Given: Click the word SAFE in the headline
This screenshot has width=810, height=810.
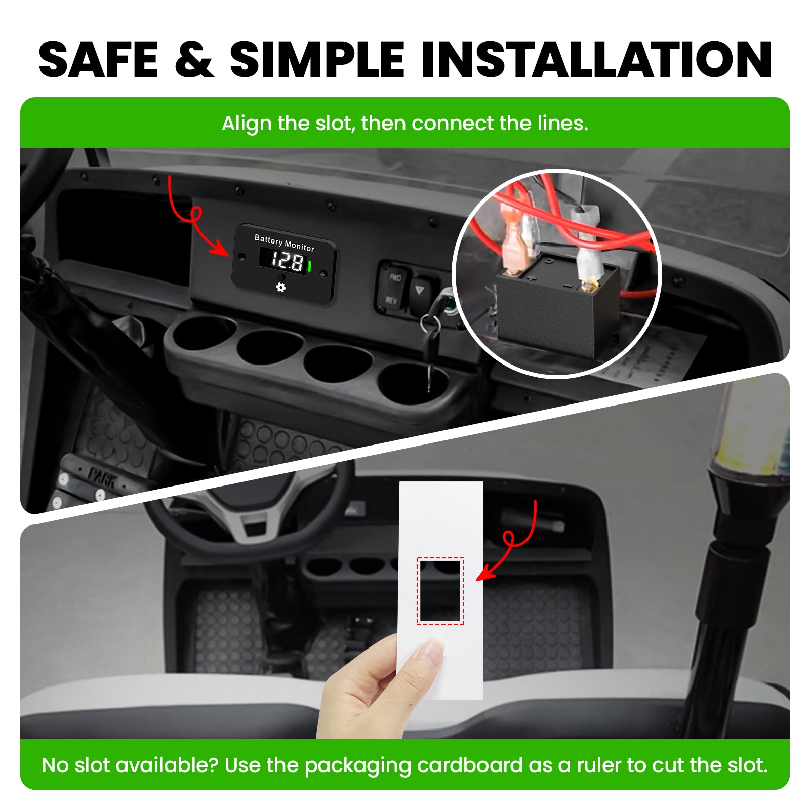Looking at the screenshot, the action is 99,60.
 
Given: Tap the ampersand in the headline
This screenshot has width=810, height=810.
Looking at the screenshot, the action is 194,60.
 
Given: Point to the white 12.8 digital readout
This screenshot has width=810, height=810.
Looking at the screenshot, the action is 287,261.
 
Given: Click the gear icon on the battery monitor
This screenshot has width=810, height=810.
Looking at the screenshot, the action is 281,287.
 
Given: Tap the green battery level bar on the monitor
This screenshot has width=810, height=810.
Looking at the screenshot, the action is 309,266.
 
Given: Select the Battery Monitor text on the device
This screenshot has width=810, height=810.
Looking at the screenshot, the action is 284,243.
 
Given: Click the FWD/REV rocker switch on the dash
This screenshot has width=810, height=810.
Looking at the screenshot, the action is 393,288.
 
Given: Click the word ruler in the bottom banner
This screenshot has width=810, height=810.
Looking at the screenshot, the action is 596,765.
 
